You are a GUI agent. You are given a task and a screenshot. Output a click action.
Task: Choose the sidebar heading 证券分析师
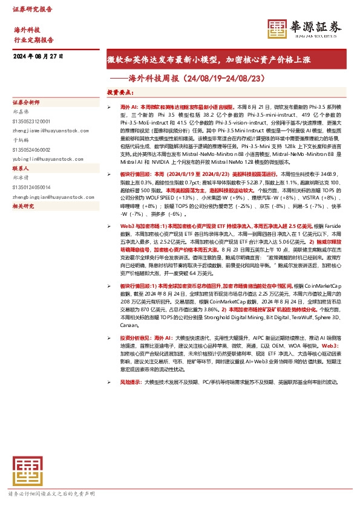[25, 103]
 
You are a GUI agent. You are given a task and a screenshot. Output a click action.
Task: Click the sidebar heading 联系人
[21, 169]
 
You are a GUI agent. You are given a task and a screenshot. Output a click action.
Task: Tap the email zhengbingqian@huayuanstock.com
[49, 197]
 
